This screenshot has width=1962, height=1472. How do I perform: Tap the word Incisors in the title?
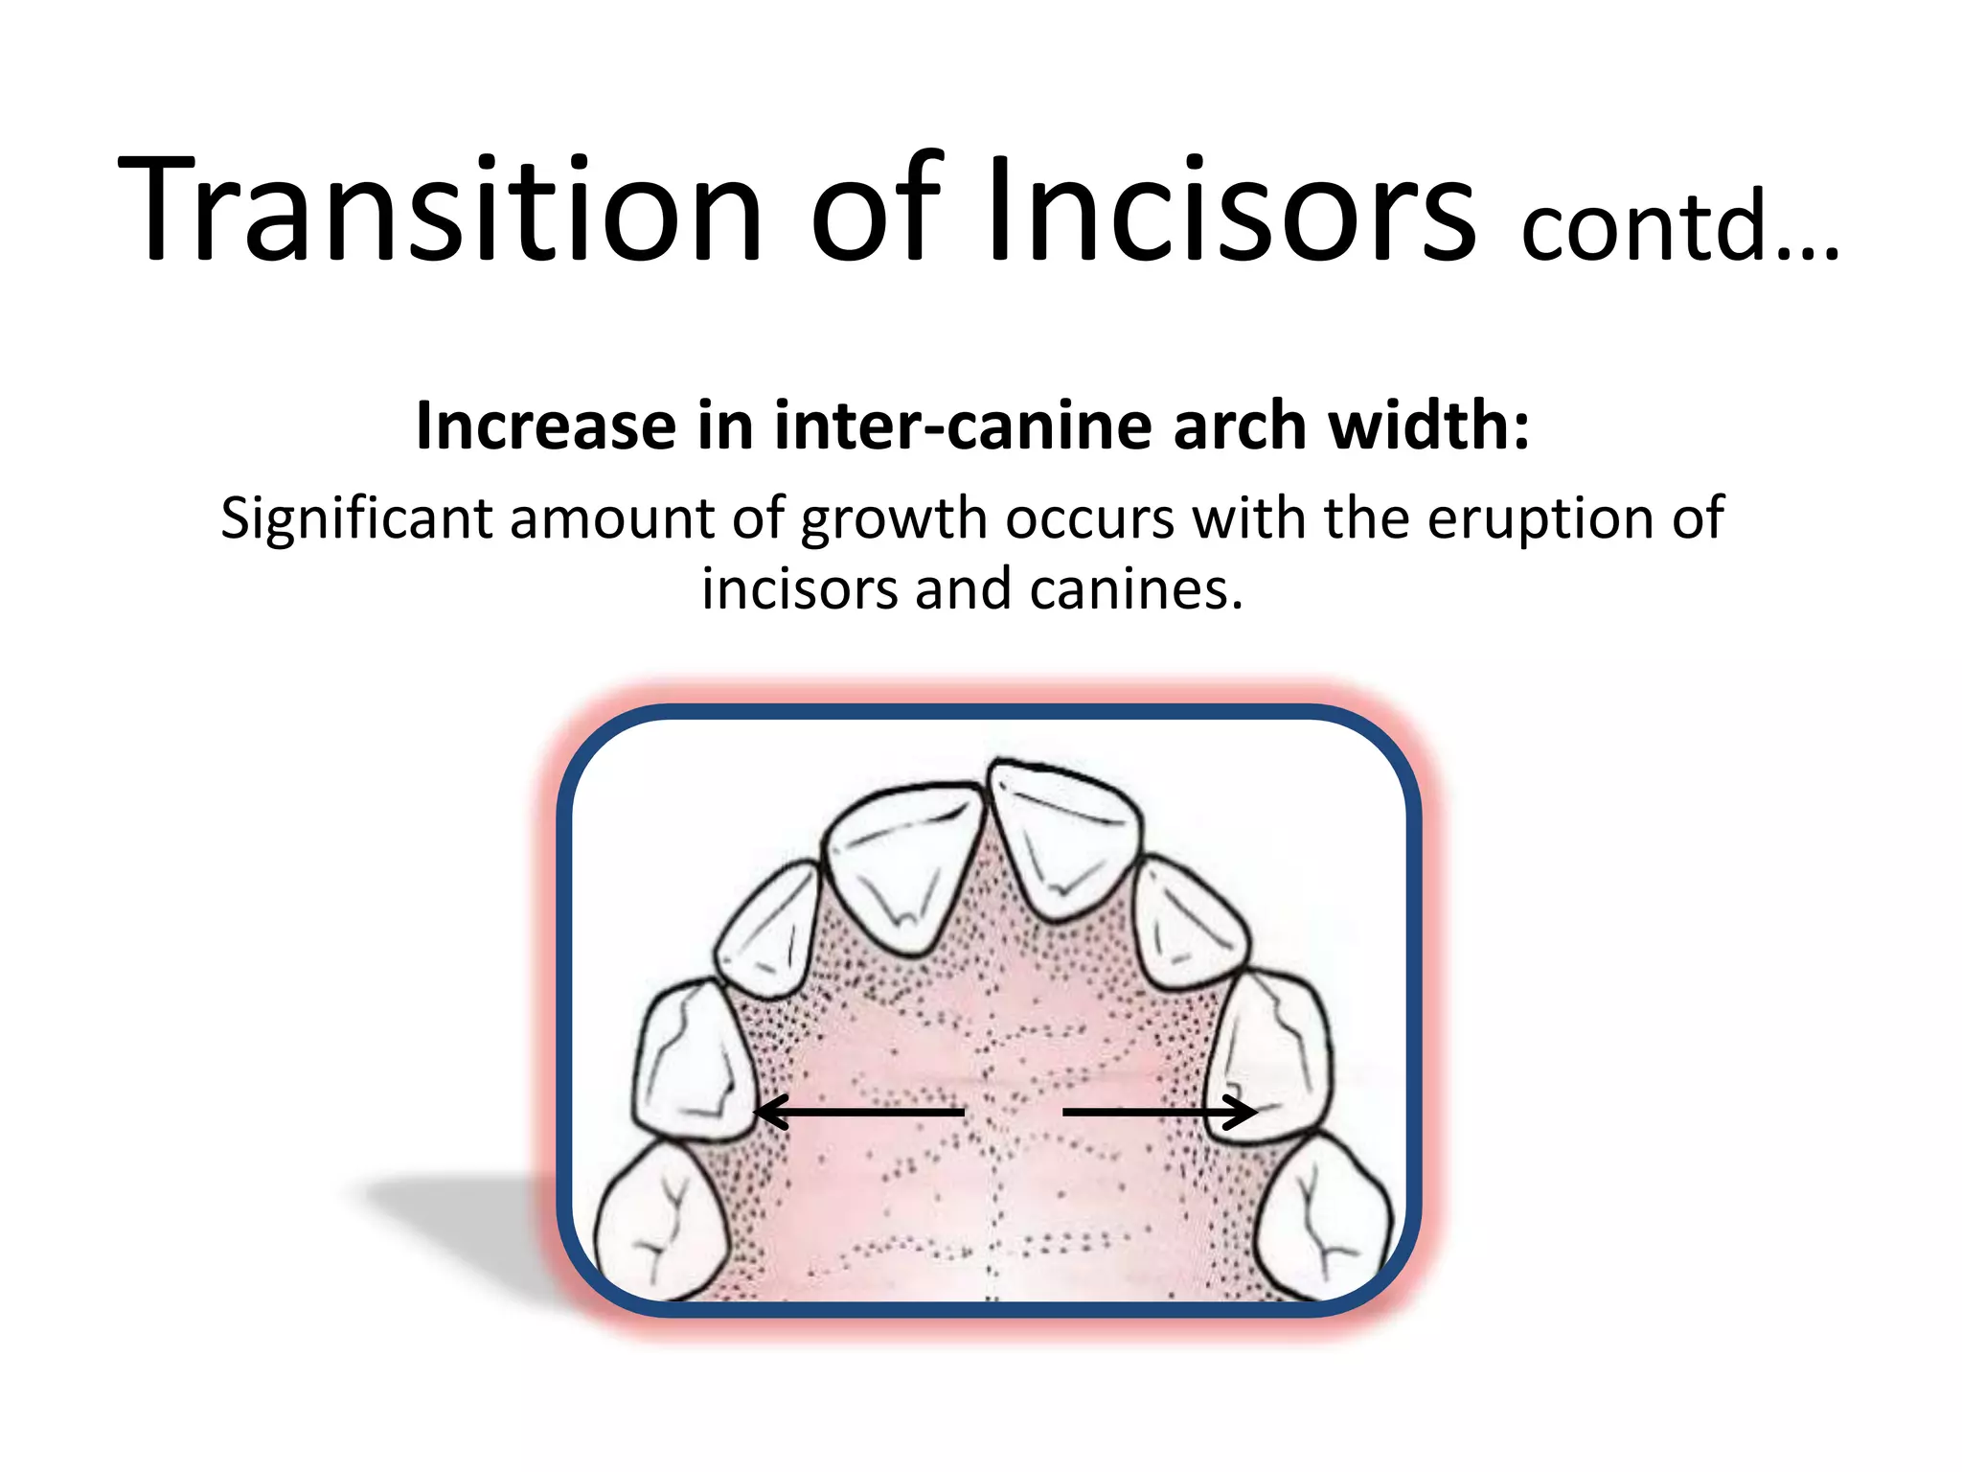[1231, 209]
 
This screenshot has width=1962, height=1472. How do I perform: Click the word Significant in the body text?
[356, 518]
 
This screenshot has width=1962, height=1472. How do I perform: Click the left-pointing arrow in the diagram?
[857, 1112]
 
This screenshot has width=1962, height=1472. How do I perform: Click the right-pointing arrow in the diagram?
[1159, 1112]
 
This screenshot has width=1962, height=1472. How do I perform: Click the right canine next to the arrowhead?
[1269, 1054]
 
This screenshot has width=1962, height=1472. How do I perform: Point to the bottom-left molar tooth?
[661, 1222]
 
